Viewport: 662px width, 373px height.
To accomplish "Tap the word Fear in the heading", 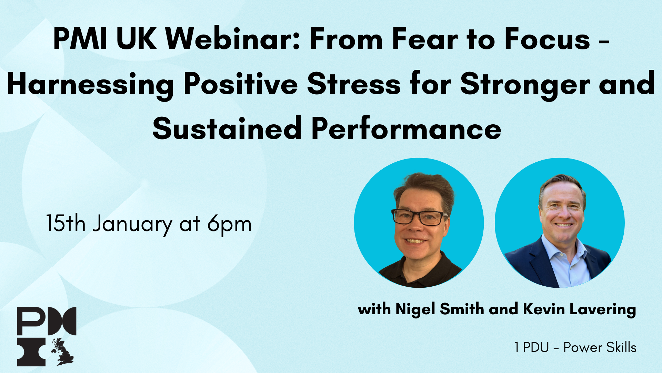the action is pyautogui.click(x=425, y=39).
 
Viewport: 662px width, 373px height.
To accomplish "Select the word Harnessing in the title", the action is pyautogui.click(x=90, y=85).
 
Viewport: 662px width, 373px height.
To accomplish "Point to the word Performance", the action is pyautogui.click(x=406, y=128).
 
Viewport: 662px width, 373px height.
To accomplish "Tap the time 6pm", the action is pyautogui.click(x=229, y=225).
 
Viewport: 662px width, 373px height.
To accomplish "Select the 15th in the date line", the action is pyautogui.click(x=66, y=223).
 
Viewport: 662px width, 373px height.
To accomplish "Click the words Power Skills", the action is pyautogui.click(x=600, y=347).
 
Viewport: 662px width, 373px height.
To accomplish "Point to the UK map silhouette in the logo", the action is pyautogui.click(x=63, y=352).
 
